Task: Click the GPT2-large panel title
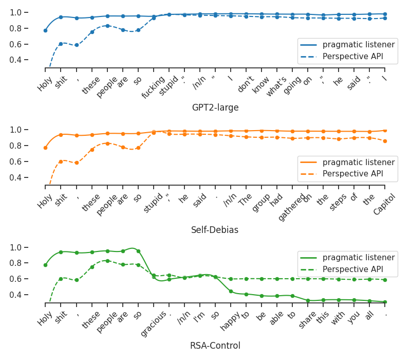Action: click(215, 107)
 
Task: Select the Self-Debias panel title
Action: click(215, 230)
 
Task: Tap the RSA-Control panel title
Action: click(215, 346)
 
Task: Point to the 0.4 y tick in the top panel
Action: click(29, 60)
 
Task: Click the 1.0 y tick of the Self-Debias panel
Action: click(29, 130)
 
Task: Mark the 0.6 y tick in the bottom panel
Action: click(29, 279)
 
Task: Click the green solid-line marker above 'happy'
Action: click(231, 292)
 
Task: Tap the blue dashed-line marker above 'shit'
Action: click(61, 44)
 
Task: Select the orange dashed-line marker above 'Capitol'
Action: click(385, 141)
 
